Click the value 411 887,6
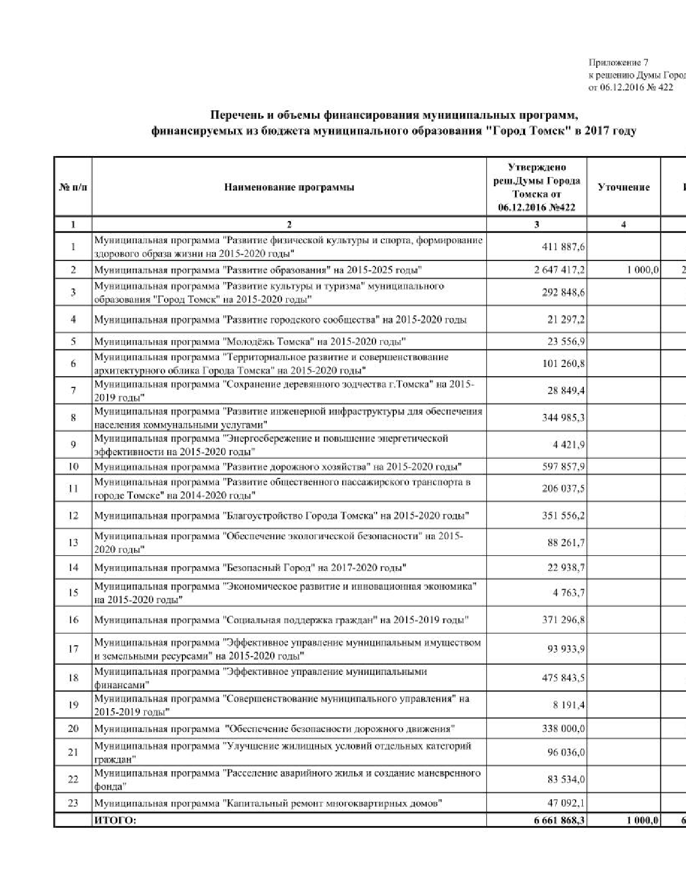(563, 247)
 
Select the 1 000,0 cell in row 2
(643, 270)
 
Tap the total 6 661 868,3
(559, 820)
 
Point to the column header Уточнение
(624, 187)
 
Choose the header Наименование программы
(289, 187)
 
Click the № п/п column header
(73, 187)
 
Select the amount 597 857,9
(563, 466)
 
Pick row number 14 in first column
(73, 567)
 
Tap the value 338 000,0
(563, 729)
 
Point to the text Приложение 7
(618, 63)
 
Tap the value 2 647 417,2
(559, 270)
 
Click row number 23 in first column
(73, 803)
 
